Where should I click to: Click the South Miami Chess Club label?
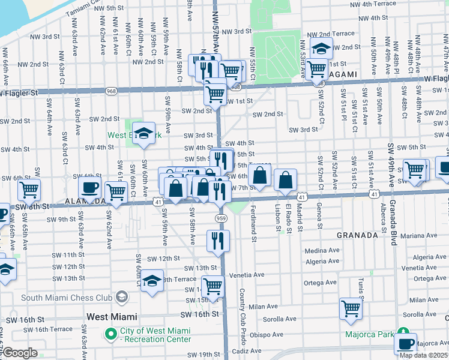pos(66,297)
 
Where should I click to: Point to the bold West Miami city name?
pos(112,316)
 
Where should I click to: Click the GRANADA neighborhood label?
pos(357,235)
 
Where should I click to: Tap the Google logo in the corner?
pos(20,353)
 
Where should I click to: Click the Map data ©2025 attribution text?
pos(423,355)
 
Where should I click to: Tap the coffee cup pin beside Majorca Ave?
pos(406,343)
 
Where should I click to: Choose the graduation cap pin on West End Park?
pos(143,133)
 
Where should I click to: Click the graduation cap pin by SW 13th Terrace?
pos(152,280)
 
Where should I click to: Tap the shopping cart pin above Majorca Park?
pos(351,309)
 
